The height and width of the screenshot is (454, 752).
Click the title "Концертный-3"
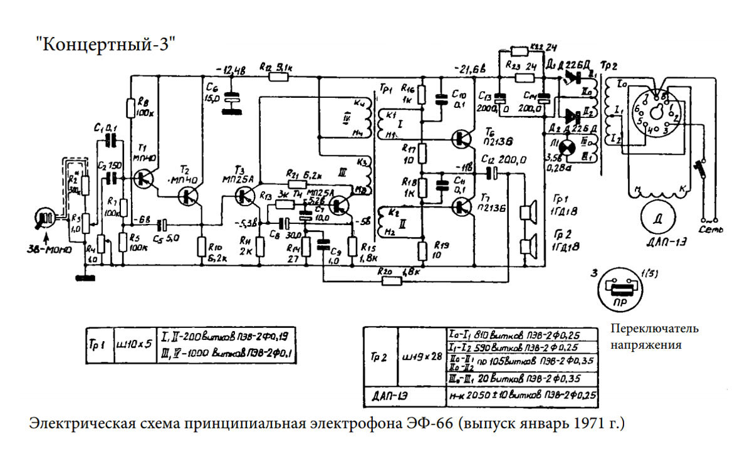(x=104, y=45)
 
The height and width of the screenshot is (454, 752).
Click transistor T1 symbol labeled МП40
(x=145, y=178)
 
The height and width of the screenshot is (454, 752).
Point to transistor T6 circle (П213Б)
(x=464, y=139)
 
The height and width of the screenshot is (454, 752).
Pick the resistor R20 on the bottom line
(x=391, y=280)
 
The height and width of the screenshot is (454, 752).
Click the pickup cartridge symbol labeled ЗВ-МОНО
(x=46, y=219)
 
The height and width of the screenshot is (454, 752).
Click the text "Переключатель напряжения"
(x=655, y=337)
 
